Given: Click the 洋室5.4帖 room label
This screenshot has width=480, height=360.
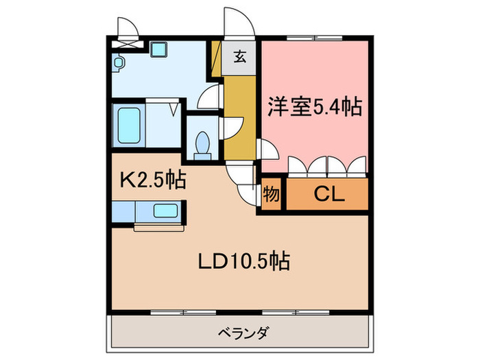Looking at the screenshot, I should (315, 107).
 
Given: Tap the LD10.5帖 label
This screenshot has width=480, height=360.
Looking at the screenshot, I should (243, 261).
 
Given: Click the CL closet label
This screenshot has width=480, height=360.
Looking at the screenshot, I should (328, 195).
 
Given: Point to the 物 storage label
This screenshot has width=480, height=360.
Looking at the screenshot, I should (271, 195).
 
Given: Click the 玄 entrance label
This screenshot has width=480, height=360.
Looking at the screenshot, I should (241, 57).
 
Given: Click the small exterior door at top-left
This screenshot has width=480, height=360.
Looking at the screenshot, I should (128, 29).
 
